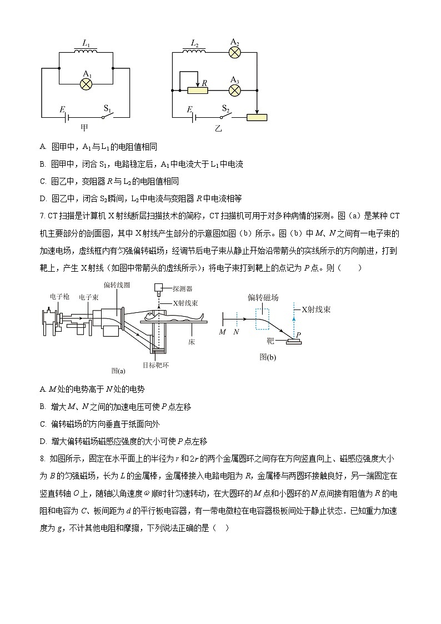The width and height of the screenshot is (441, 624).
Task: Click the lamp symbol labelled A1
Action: click(86, 83)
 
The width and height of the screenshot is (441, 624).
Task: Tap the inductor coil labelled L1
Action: click(86, 52)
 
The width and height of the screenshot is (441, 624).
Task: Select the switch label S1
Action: click(108, 108)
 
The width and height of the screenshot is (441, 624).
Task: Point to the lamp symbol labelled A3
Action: click(235, 89)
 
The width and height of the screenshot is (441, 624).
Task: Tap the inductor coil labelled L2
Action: click(195, 52)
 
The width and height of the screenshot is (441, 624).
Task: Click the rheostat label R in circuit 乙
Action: click(205, 83)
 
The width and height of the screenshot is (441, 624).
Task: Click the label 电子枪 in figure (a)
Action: click(59, 297)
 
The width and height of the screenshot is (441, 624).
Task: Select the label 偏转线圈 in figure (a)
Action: click(116, 285)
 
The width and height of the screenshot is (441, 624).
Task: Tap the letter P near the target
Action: click(299, 335)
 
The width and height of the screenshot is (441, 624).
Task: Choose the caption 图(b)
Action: click(267, 357)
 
